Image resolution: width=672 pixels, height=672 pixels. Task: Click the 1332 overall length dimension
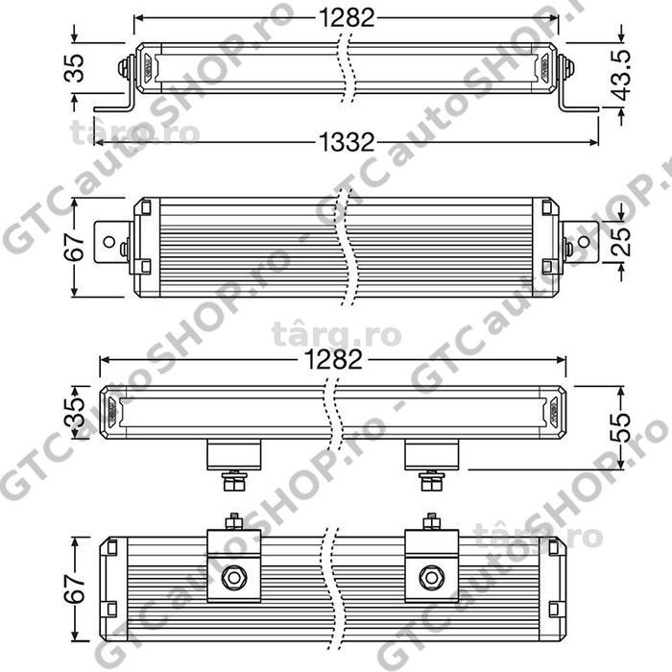click(x=347, y=142)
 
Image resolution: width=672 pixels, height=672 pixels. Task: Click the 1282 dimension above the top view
click(x=347, y=18)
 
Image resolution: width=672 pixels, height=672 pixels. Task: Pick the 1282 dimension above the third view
click(x=335, y=360)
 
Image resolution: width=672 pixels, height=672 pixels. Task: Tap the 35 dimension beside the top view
click(x=75, y=68)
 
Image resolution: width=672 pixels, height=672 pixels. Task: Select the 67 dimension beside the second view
click(x=75, y=248)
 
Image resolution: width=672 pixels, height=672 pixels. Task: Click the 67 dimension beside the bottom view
click(x=75, y=589)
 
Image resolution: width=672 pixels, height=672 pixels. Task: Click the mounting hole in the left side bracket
click(x=109, y=242)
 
